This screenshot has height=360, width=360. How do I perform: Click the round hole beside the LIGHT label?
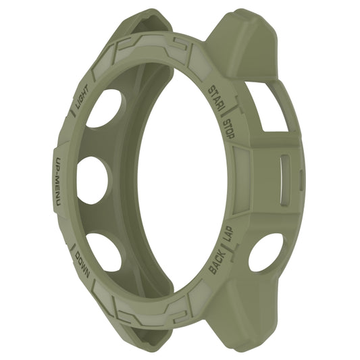(105, 108)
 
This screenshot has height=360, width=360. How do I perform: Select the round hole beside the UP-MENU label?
(93, 180)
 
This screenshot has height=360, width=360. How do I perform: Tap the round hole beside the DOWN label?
(105, 251)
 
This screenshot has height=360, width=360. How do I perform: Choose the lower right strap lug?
(250, 317)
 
